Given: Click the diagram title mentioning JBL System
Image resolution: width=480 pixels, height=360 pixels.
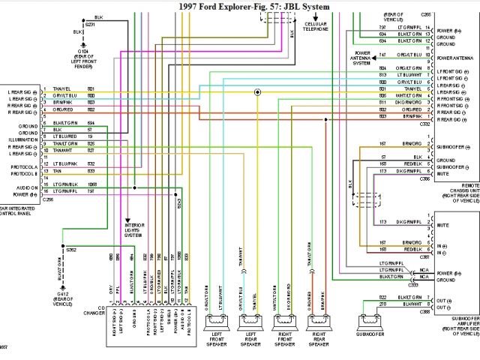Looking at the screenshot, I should click(x=254, y=6).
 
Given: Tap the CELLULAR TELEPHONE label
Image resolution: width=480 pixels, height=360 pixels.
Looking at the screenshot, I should click(x=316, y=28).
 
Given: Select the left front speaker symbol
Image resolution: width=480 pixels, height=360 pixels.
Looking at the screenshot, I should click(x=218, y=322).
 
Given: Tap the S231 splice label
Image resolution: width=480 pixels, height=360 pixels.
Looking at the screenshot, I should click(x=89, y=24).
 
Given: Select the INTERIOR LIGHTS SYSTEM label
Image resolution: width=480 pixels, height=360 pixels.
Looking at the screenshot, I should click(x=135, y=229).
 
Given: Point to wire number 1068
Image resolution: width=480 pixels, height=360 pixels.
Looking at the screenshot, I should click(x=91, y=184).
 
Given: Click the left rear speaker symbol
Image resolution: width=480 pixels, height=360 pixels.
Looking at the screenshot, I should click(x=251, y=322).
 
